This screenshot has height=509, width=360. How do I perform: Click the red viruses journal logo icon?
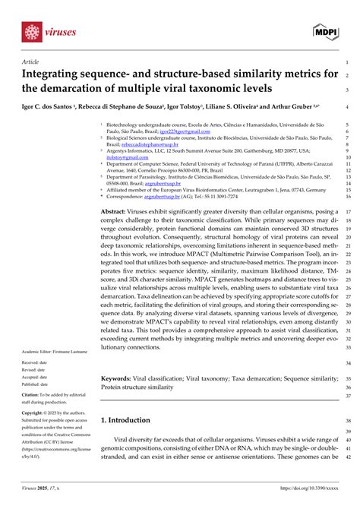point(31,32)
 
